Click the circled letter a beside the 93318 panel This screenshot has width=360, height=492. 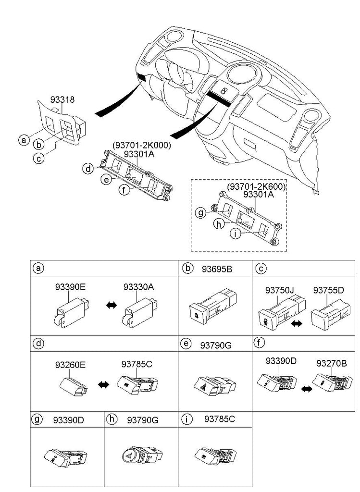[x=22, y=140]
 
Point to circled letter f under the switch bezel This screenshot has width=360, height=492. [x=124, y=191]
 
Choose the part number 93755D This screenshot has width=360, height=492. [x=329, y=290]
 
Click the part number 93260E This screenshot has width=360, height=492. [x=70, y=365]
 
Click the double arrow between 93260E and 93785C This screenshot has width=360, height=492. [x=103, y=384]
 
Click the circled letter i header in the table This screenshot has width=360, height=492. [x=186, y=419]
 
